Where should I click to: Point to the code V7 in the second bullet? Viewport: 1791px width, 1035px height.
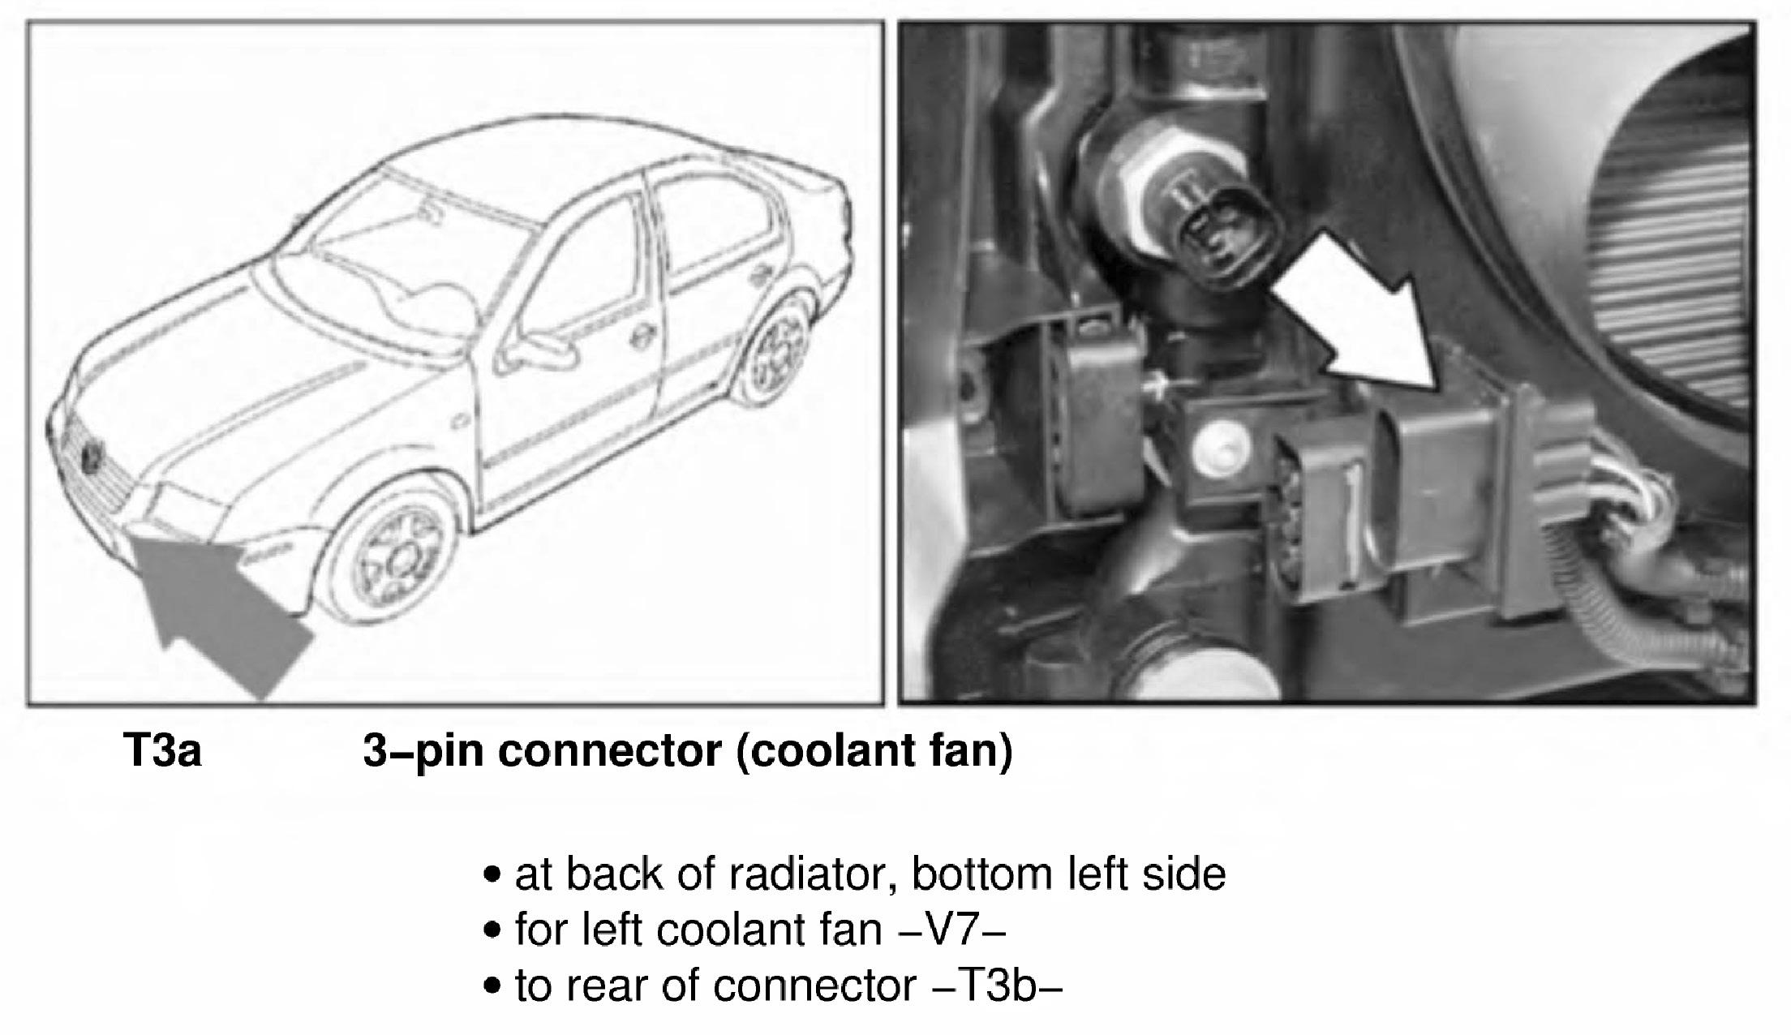(953, 930)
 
